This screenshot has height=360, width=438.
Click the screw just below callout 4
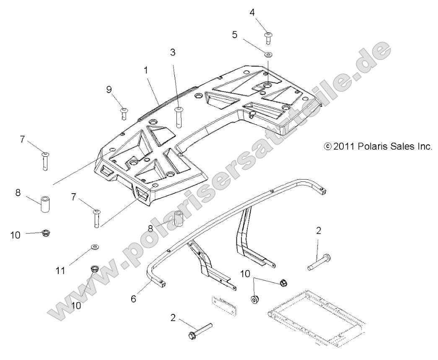(267, 37)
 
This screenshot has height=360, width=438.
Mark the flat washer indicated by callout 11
(95, 247)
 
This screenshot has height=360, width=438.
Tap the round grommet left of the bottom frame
(254, 300)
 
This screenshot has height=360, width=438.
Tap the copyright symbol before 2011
(328, 147)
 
